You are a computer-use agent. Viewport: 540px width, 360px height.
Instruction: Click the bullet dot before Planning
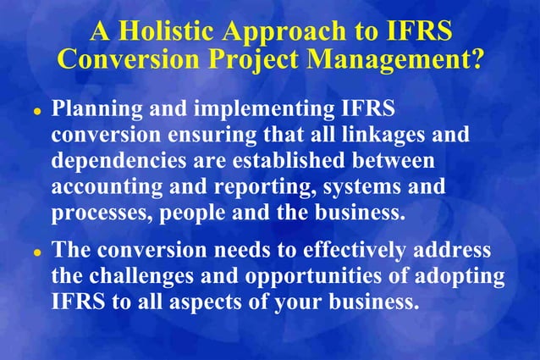click(x=37, y=114)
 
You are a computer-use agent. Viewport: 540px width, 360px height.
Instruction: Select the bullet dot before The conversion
click(x=37, y=253)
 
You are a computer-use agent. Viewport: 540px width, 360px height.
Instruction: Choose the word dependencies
click(x=116, y=162)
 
